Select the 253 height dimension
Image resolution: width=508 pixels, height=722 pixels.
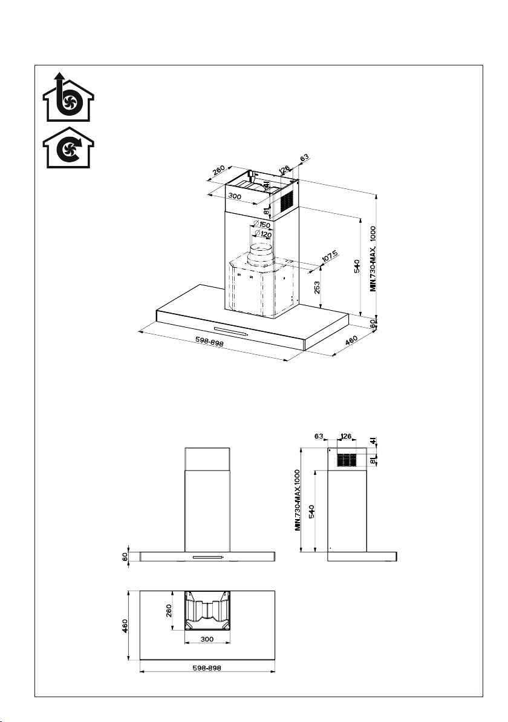(x=318, y=286)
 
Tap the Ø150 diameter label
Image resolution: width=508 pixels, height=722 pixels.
(x=261, y=225)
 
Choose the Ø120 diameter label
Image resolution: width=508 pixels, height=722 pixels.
(x=262, y=234)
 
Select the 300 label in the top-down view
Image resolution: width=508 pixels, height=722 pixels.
(x=207, y=639)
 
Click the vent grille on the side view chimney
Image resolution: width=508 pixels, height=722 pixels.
(x=348, y=460)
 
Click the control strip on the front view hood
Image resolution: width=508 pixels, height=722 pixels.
(x=207, y=557)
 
